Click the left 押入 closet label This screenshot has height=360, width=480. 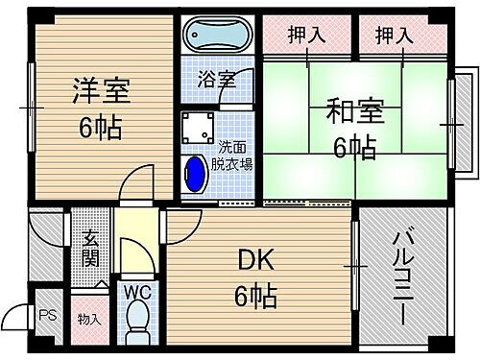point(306,36)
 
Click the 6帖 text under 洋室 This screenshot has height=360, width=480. point(102,126)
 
